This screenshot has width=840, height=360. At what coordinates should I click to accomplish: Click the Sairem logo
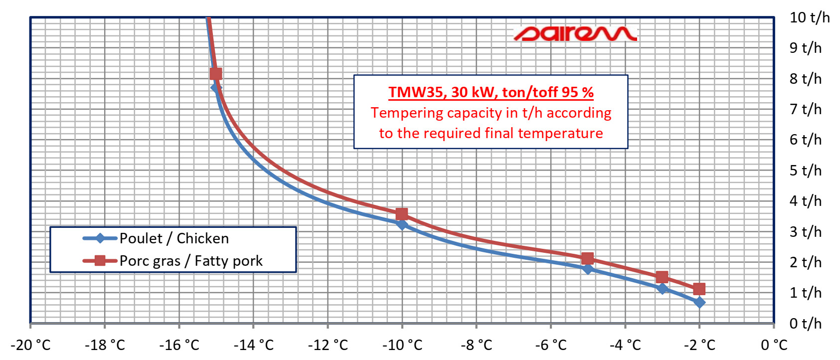(x=575, y=33)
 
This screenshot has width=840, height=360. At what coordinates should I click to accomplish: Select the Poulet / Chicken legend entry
(x=156, y=238)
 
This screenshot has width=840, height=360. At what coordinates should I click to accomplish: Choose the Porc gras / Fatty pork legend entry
(x=173, y=261)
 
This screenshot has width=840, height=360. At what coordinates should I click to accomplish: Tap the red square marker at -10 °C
(x=402, y=214)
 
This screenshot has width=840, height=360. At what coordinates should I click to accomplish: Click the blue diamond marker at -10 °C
(x=402, y=225)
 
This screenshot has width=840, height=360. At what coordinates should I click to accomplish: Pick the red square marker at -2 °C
(x=699, y=289)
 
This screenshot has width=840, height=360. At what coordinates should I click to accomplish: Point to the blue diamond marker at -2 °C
(x=699, y=302)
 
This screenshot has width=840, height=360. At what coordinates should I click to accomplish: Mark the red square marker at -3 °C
(x=662, y=277)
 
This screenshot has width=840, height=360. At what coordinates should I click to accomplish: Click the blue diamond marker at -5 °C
(x=588, y=268)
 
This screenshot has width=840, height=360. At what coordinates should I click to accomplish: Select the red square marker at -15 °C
(x=216, y=74)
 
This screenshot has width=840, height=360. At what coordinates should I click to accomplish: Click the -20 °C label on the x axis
(x=31, y=345)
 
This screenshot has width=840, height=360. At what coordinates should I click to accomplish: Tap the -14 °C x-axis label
(x=254, y=345)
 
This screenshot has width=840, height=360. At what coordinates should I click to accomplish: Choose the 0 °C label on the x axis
(x=774, y=345)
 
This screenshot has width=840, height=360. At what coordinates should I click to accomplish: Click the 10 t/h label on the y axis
(x=810, y=17)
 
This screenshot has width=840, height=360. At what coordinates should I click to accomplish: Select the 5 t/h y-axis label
(x=806, y=170)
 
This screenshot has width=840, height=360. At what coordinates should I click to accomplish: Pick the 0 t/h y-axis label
(x=806, y=323)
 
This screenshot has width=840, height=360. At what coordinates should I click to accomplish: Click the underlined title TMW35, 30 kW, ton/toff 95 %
(x=491, y=92)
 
